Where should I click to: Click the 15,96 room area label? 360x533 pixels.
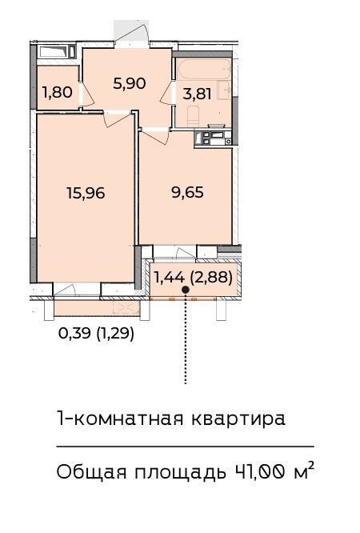(86, 193)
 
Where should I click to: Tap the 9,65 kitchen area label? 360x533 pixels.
(188, 192)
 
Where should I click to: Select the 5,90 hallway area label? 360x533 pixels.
(130, 83)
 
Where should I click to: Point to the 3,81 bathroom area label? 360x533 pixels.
(197, 94)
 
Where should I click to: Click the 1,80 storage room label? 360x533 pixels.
(58, 92)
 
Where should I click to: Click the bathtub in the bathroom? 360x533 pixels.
(204, 69)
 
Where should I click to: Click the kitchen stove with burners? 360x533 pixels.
(213, 138)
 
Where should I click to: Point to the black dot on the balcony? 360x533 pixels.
(186, 290)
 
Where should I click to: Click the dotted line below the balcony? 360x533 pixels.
(186, 339)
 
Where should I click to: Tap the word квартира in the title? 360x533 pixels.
(238, 419)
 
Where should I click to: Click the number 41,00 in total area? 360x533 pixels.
(259, 472)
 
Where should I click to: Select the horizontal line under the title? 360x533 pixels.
(186, 446)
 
